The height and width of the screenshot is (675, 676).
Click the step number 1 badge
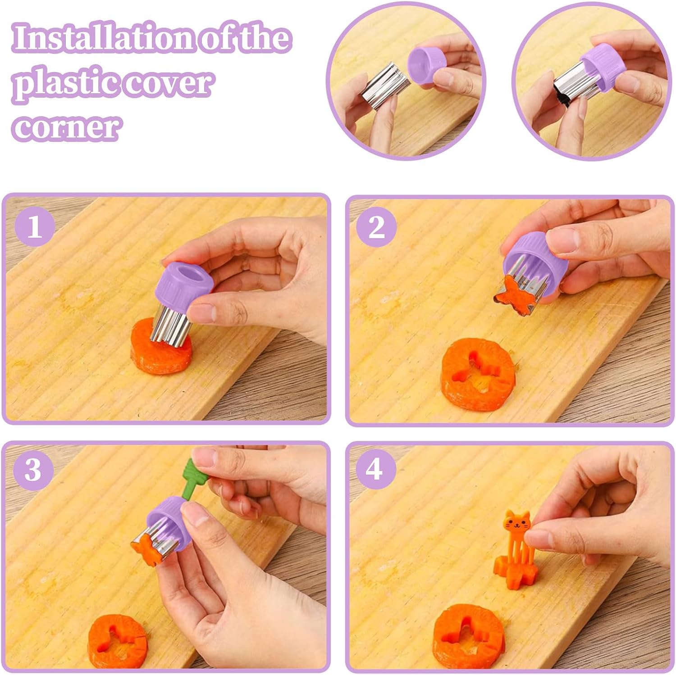(35, 226)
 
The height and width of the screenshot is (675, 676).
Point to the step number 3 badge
(33, 470)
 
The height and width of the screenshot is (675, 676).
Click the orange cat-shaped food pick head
(516, 523)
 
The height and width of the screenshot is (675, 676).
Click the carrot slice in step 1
(161, 347)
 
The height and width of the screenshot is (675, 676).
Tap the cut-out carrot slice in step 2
(478, 375)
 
